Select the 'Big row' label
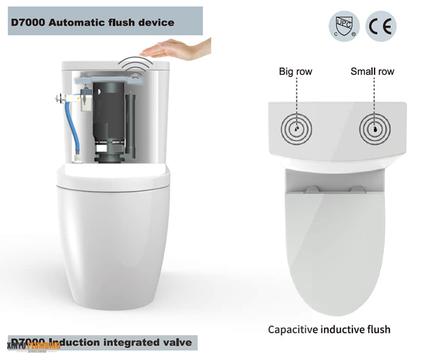pyautogui.click(x=295, y=72)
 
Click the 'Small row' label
pyautogui.click(x=372, y=72)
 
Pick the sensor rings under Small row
pyautogui.click(x=374, y=129)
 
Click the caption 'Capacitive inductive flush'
pyautogui.click(x=329, y=329)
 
